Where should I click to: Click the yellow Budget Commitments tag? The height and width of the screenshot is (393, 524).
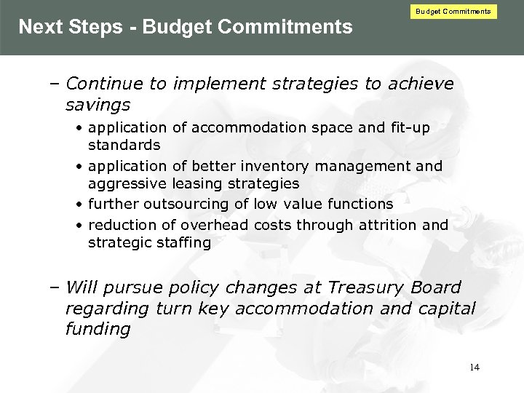(453, 12)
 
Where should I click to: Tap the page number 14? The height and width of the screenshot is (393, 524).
(475, 367)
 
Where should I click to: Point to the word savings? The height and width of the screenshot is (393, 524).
(98, 105)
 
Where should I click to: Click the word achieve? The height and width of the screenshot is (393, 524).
(420, 84)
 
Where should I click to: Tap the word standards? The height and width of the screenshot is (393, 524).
(124, 145)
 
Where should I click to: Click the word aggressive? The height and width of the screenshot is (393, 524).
(127, 184)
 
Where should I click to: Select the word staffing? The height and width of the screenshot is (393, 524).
(183, 242)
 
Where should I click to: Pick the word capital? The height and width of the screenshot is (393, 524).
(447, 309)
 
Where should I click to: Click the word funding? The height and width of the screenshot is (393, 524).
(98, 329)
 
